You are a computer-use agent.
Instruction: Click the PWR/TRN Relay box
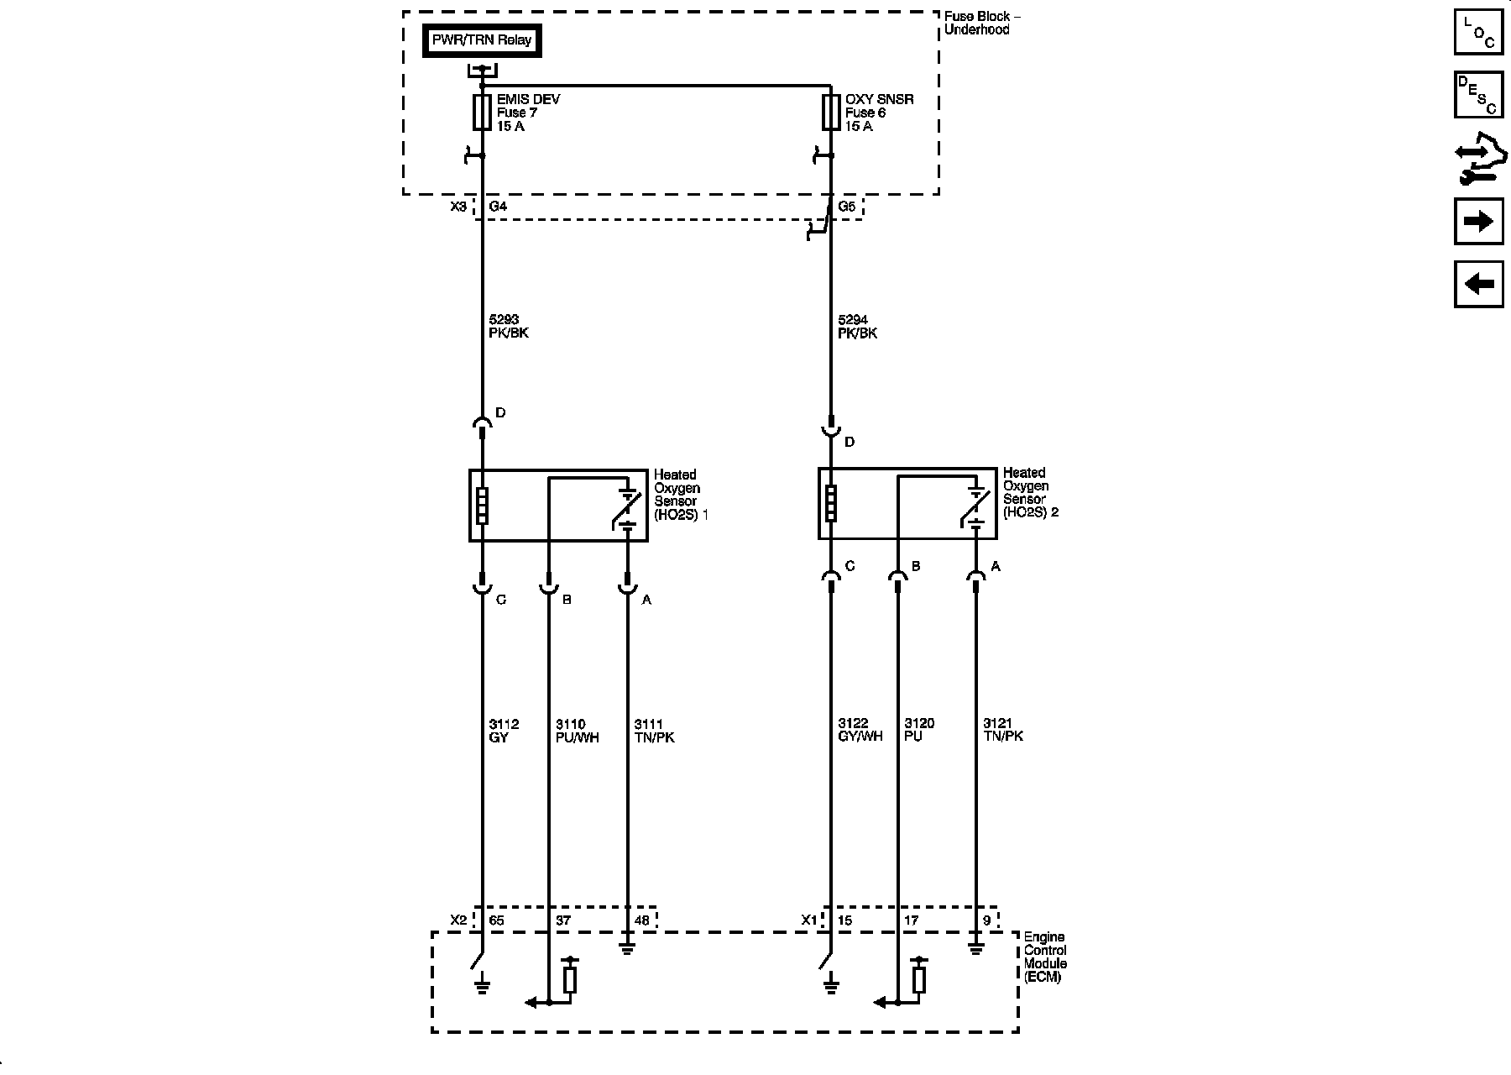482,40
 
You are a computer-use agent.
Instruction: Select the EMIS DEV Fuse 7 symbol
482,113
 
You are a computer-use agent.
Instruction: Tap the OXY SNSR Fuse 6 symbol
831,113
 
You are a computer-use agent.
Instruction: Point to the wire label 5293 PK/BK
509,327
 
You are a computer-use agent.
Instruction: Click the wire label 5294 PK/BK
857,327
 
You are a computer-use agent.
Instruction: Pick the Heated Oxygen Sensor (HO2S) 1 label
680,496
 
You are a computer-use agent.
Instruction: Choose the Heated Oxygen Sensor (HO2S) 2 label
1030,493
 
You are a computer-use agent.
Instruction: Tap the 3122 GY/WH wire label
860,730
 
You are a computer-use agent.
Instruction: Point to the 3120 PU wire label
919,730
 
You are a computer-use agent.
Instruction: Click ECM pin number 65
497,920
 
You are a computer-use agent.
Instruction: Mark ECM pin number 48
642,920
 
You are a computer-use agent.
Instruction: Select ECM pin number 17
912,920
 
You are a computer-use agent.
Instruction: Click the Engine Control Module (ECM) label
1045,957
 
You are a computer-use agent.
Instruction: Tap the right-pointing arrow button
1478,222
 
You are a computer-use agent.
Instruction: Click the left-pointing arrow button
1478,284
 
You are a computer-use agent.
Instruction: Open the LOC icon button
1478,32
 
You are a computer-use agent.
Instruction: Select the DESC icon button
1478,95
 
